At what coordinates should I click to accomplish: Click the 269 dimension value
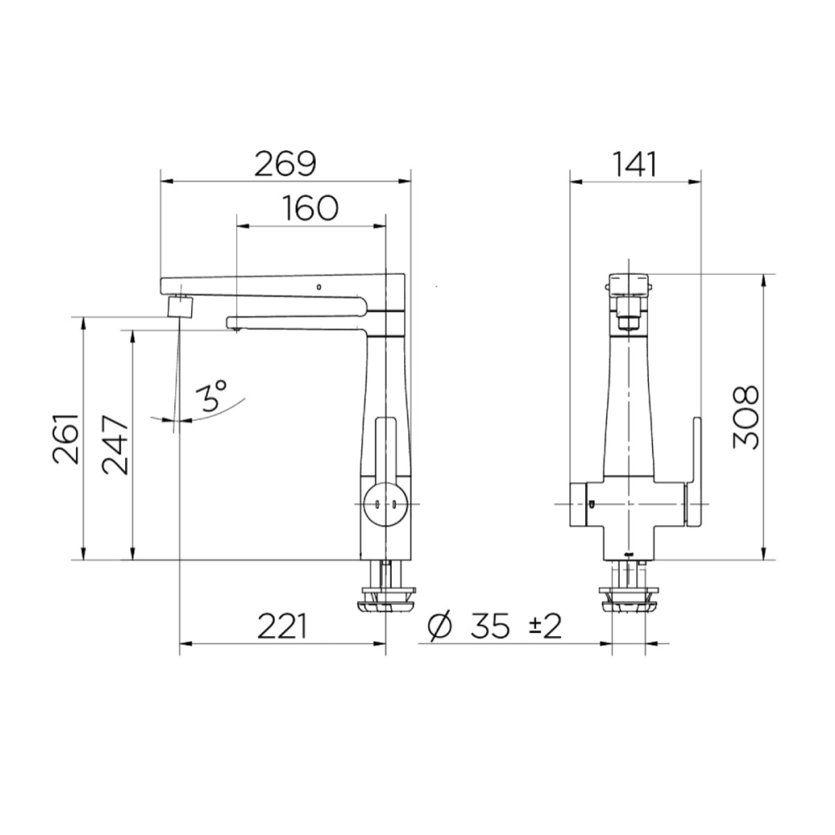point(285,164)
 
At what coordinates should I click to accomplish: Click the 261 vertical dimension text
point(66,439)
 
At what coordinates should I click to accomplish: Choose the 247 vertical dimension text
point(116,445)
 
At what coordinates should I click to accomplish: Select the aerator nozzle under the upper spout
point(180,306)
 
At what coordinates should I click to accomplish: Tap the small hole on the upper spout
point(319,287)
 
